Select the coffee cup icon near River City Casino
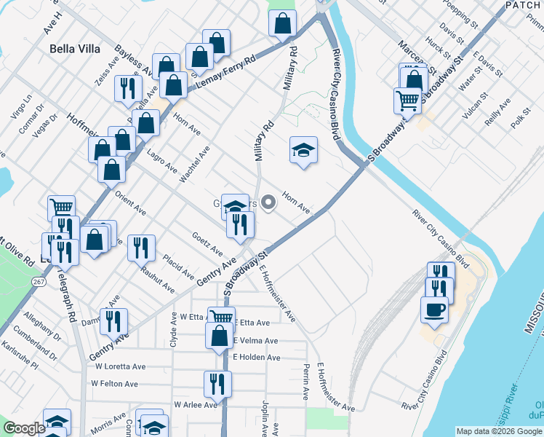[434, 309]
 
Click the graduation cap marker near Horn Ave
[303, 151]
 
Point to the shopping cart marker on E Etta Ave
[221, 318]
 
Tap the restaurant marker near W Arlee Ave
[217, 383]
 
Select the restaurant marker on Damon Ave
[113, 320]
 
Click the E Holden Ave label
[257, 358]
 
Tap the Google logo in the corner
[24, 428]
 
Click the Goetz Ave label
[207, 244]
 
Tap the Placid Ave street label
[179, 267]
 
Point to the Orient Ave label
[131, 205]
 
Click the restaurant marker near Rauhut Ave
[141, 247]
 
